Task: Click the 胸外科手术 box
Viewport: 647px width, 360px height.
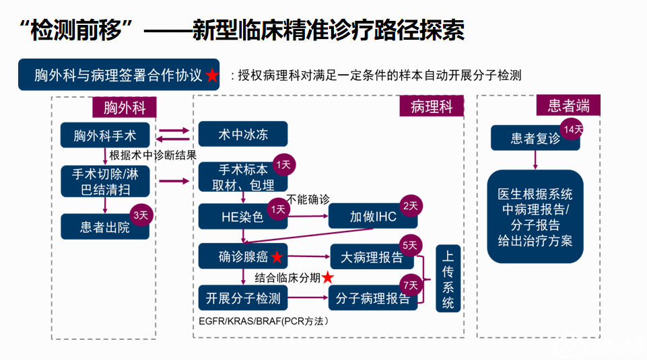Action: pos(105,136)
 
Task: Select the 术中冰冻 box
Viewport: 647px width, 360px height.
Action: pos(242,135)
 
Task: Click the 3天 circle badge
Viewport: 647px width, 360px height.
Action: pos(140,215)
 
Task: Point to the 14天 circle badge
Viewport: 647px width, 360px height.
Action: pos(572,129)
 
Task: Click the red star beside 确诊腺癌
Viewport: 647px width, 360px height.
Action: pos(276,258)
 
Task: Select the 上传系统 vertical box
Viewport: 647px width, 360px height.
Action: pos(448,279)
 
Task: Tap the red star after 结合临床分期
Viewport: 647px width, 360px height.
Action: pos(328,277)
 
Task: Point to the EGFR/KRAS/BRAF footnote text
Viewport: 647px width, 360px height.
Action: pos(263,321)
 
